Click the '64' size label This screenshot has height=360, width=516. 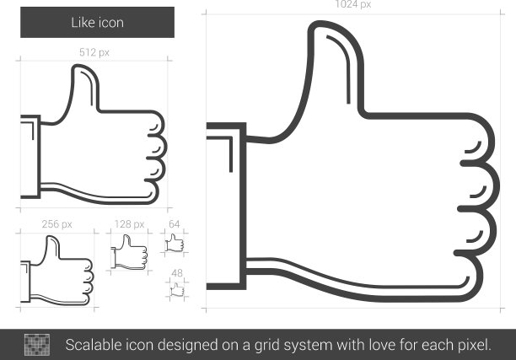tap(174, 224)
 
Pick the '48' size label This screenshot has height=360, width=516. tap(177, 273)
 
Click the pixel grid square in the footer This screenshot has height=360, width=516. tap(37, 345)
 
